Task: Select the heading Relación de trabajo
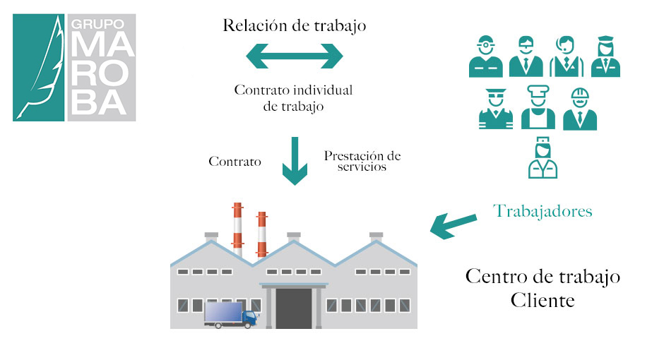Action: click(294, 27)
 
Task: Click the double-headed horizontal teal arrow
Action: click(294, 56)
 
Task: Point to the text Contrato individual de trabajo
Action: click(293, 99)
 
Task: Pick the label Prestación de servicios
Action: click(362, 161)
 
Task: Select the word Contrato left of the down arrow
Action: click(235, 162)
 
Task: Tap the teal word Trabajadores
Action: click(543, 210)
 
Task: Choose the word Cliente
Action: click(543, 300)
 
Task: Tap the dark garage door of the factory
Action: click(293, 308)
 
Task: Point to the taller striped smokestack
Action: click(237, 229)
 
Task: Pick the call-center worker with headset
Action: click(567, 56)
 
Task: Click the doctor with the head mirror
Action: click(486, 56)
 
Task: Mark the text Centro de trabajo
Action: click(543, 276)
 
